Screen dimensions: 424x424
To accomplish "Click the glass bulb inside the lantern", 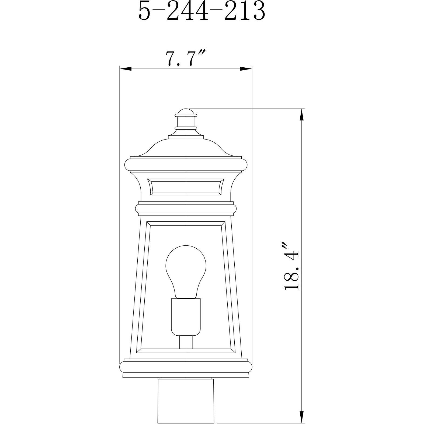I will pos(186,269).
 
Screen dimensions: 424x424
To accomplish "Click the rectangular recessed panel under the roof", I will pos(186,186).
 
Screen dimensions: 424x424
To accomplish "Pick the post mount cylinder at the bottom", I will pos(186,399).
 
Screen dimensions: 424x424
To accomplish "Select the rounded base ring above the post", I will pos(186,367).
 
